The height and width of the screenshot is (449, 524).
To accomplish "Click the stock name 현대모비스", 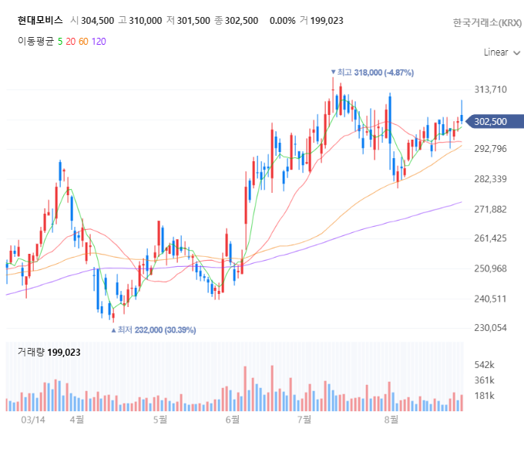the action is coord(40,20).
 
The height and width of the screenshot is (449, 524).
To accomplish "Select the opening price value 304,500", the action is coord(97,21).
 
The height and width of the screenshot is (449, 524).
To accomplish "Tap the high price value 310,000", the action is coord(146,21).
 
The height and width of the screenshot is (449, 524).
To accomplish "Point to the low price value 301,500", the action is coord(193,21).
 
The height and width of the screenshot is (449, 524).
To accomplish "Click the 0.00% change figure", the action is coord(282,21).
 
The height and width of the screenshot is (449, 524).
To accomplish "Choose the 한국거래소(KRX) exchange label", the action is coord(487,22).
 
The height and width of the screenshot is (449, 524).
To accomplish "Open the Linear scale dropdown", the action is coord(502,52).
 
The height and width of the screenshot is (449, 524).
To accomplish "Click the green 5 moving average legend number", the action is coord(60,42).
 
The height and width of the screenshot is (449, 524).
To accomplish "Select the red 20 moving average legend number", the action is coord(71,42).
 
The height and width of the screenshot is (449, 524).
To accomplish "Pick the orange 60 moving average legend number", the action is coord(83,42).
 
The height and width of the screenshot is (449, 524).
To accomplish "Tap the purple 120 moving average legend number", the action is coord(99,42).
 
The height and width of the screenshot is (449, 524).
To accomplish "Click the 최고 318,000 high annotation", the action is coord(372,73).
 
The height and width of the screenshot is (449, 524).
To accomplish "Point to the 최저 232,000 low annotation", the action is coord(153,330).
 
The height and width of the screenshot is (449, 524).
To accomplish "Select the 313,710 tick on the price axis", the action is coord(491,89).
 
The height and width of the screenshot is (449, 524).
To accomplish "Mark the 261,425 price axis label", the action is coord(491,238).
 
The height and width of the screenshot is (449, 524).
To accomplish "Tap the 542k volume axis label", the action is coord(484,365).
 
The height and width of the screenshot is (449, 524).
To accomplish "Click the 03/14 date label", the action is coord(33,420).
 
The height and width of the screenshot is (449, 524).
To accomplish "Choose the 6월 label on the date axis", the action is coord(233,420).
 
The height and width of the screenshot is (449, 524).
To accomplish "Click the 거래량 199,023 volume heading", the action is coord(49,353).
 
